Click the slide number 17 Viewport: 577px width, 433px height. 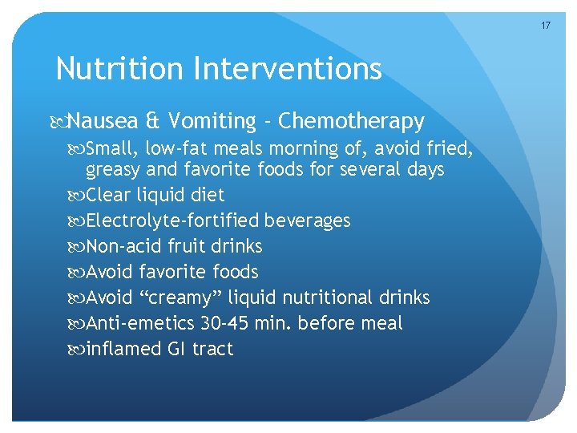(x=546, y=26)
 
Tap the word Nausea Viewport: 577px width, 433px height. (x=104, y=121)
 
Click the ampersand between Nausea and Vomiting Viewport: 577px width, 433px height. (x=152, y=121)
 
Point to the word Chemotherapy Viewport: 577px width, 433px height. (x=353, y=121)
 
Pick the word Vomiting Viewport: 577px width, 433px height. (x=209, y=121)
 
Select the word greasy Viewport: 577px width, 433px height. (x=113, y=170)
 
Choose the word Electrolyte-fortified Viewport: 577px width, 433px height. (x=173, y=221)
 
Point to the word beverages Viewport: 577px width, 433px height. (x=308, y=221)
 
